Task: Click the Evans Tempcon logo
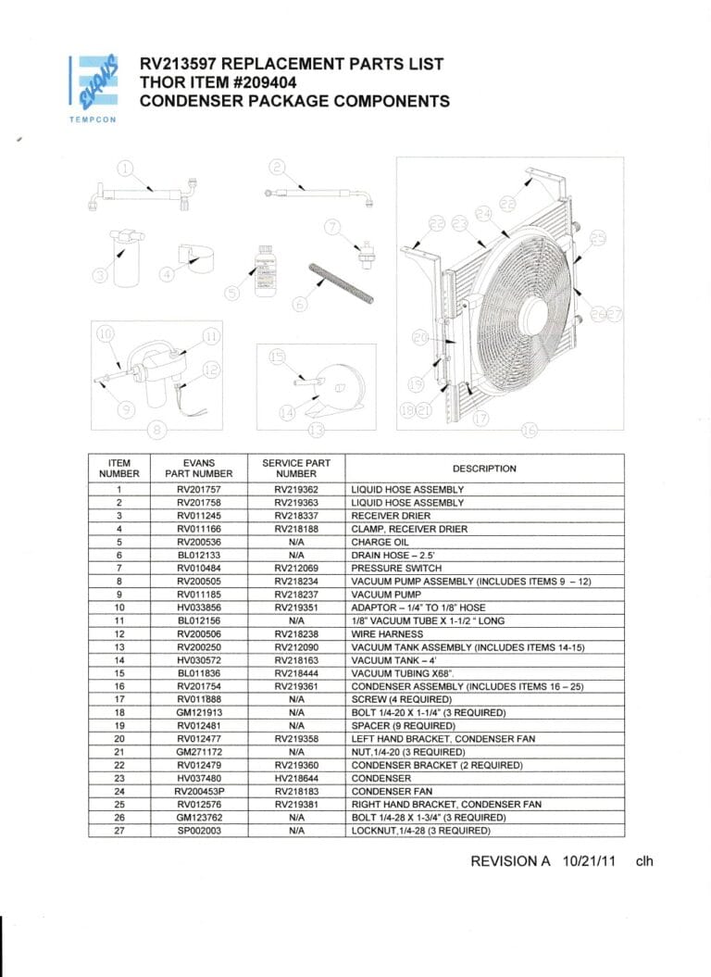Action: click(x=93, y=84)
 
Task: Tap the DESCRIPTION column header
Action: click(x=484, y=468)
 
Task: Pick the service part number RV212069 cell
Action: click(x=296, y=568)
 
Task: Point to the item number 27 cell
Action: click(x=119, y=831)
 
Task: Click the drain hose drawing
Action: click(x=343, y=282)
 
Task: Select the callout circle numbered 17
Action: click(x=480, y=419)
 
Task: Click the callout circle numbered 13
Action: click(x=318, y=430)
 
